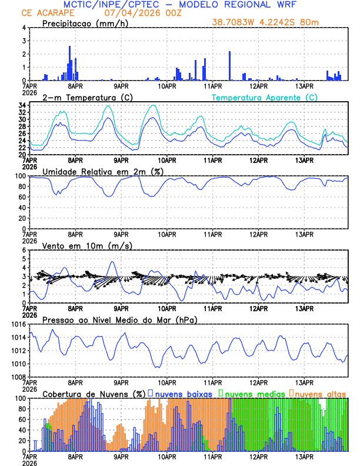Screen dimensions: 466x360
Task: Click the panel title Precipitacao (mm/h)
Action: [85, 24]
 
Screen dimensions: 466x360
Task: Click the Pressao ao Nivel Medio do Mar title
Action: [119, 319]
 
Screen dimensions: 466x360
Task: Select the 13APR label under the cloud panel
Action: [304, 456]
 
